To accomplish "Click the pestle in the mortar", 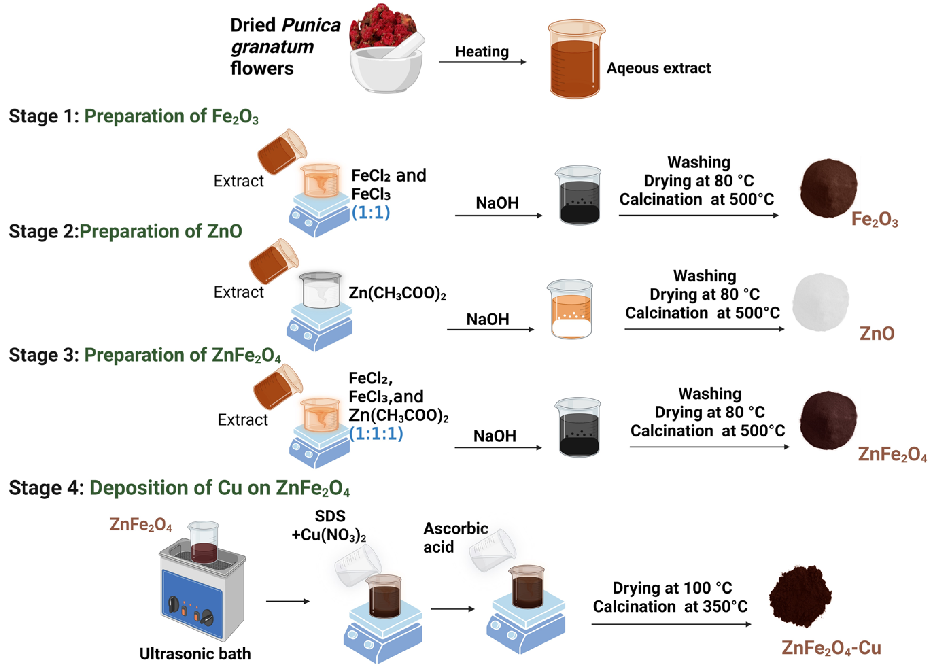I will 405,47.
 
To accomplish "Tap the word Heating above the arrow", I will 482,52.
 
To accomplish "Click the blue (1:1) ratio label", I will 371,213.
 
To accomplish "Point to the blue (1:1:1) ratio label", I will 376,434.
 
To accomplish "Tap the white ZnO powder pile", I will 820,302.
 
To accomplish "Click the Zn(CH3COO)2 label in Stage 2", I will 397,293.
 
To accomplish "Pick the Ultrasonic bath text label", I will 195,654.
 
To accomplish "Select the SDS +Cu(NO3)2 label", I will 329,526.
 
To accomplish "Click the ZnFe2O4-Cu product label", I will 831,648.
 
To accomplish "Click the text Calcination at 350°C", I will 670,607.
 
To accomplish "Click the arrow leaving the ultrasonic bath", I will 287,601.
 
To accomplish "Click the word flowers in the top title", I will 262,68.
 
